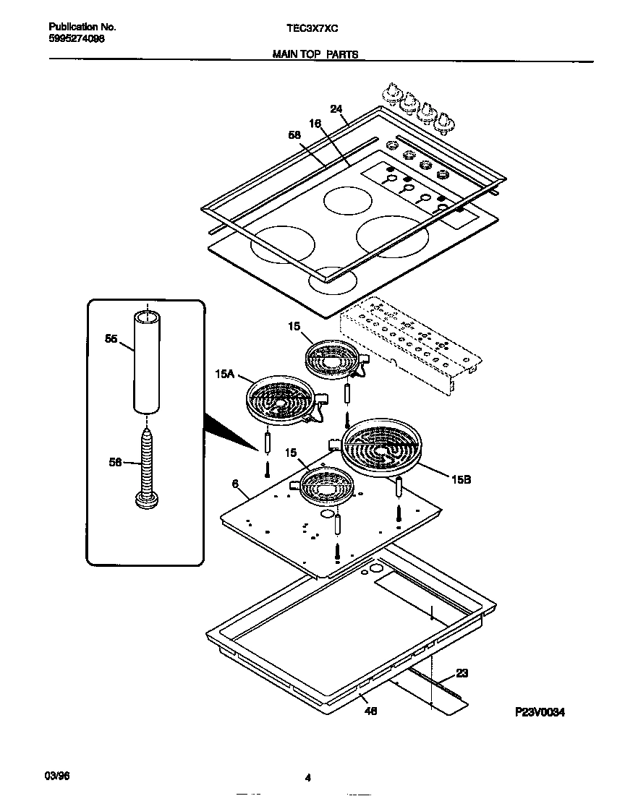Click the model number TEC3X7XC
(x=312, y=27)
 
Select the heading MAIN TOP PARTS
(x=315, y=54)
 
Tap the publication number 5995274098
(x=77, y=39)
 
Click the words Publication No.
(x=82, y=27)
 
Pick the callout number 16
(x=315, y=124)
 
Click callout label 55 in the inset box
(x=111, y=338)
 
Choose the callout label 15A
(x=224, y=374)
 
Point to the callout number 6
(x=235, y=483)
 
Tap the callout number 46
(x=370, y=711)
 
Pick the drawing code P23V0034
(x=539, y=711)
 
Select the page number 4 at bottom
(x=307, y=778)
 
